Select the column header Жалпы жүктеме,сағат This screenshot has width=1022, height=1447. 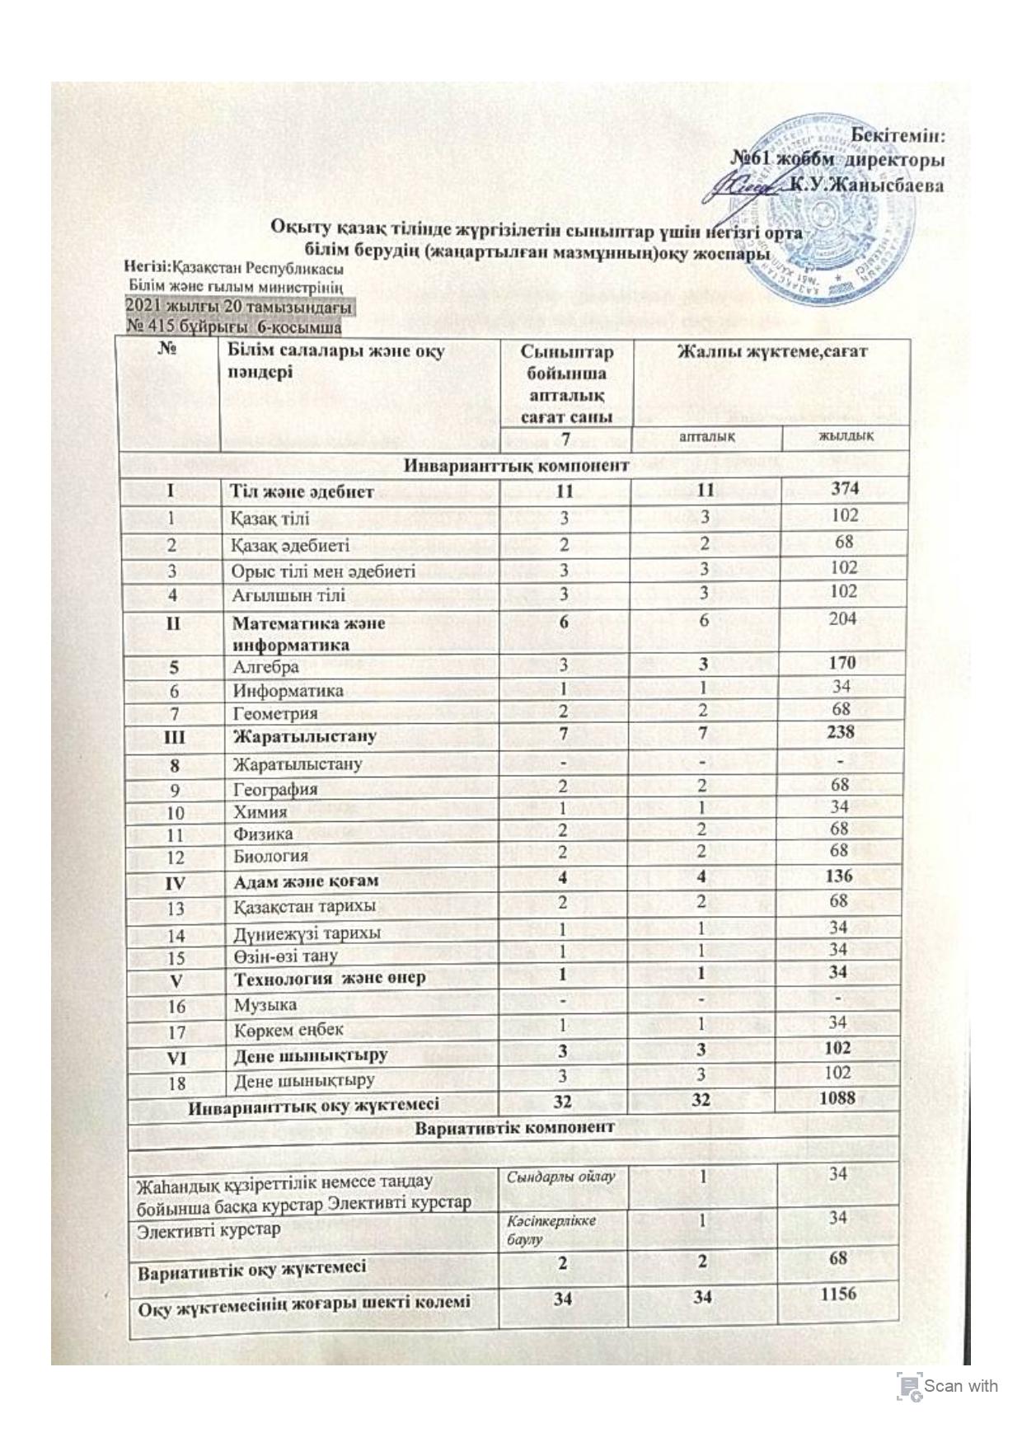772,351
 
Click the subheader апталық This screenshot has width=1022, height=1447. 707,435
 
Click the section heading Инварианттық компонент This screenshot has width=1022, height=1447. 518,465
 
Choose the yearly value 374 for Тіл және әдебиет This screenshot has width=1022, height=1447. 845,488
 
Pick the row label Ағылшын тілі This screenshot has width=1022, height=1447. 288,594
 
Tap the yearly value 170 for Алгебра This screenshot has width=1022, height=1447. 843,661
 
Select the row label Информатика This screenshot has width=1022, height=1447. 288,690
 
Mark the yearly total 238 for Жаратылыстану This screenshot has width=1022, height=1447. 842,731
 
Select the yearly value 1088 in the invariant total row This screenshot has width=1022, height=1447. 837,1097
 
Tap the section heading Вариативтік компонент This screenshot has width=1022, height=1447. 514,1126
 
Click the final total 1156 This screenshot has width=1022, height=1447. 838,1295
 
